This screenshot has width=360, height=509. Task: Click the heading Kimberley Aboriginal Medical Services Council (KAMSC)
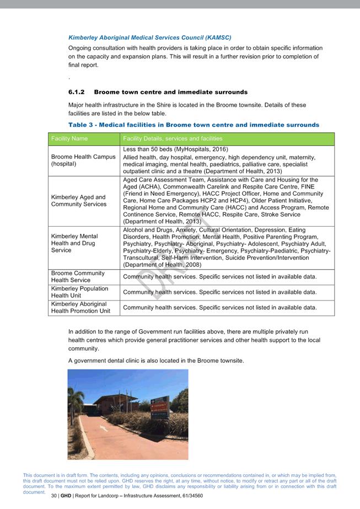point(149,37)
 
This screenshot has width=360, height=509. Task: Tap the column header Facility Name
point(69,138)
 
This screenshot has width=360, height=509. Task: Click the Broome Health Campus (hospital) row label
point(83,160)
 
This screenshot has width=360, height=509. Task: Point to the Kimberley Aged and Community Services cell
point(78,201)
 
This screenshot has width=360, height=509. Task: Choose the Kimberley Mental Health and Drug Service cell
point(74,243)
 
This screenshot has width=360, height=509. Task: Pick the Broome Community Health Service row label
point(78,277)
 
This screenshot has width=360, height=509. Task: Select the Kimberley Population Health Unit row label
point(79,292)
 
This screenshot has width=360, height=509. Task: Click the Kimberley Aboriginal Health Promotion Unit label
point(80,308)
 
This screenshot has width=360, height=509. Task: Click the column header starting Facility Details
point(173,138)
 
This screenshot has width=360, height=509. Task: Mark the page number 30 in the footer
point(54,496)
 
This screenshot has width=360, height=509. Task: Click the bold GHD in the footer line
point(66,496)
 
